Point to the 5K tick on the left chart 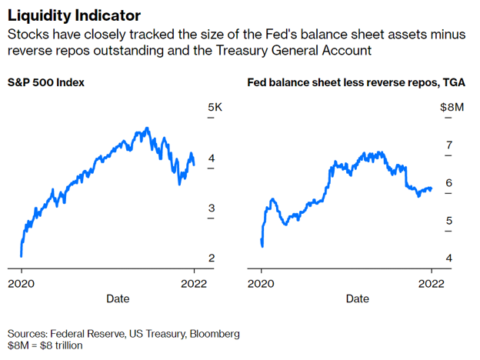pyautogui.click(x=215, y=108)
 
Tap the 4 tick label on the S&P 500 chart pyautogui.click(x=212, y=158)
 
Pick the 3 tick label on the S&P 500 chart pyautogui.click(x=212, y=208)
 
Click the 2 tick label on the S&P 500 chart pyautogui.click(x=212, y=258)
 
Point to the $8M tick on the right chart pyautogui.click(x=451, y=108)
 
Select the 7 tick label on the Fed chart pyautogui.click(x=449, y=145)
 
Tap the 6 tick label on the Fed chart pyautogui.click(x=449, y=183)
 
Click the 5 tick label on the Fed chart pyautogui.click(x=449, y=221)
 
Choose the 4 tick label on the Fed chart pyautogui.click(x=449, y=258)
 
